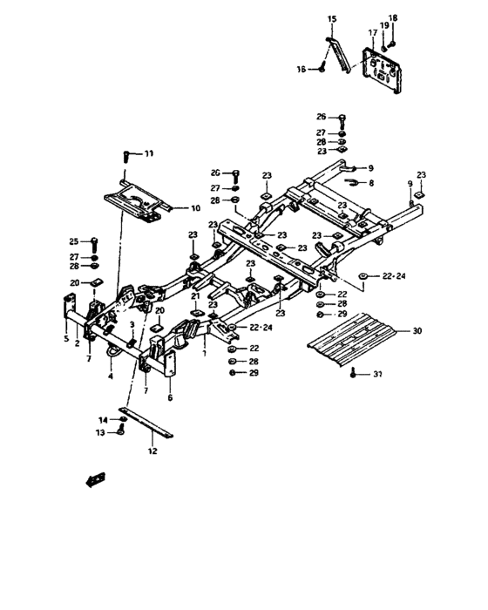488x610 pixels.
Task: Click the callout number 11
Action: click(x=149, y=153)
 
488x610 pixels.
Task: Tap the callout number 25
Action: click(x=73, y=241)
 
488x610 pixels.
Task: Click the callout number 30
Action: click(x=417, y=331)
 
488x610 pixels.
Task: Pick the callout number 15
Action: click(x=331, y=18)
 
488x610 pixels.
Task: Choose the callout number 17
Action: click(x=372, y=33)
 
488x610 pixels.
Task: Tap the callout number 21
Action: click(x=195, y=296)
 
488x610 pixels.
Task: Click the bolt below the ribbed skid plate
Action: click(x=352, y=373)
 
